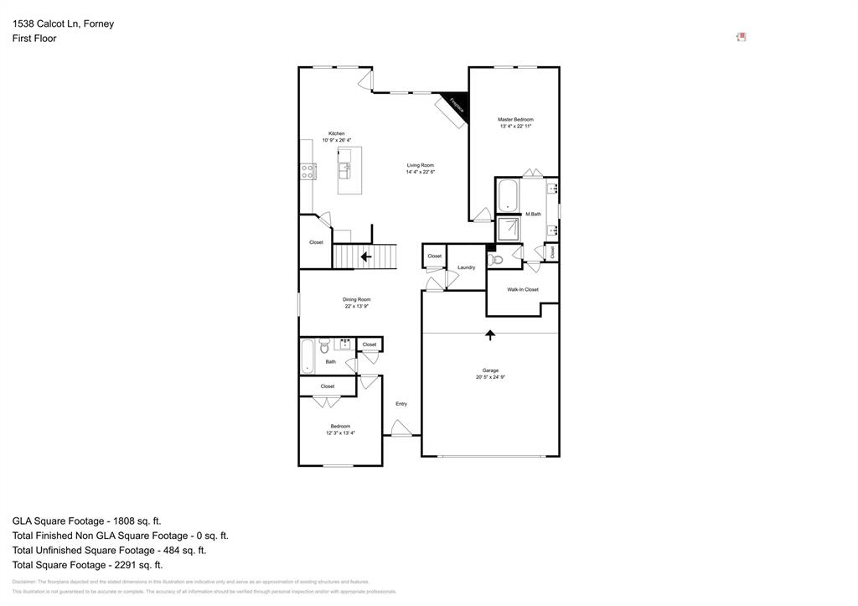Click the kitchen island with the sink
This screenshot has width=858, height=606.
point(349,170)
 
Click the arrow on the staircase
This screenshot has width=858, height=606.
point(365,256)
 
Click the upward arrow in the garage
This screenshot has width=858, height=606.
point(490,335)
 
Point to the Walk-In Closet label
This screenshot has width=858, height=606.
point(523,289)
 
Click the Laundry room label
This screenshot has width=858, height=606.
point(466,267)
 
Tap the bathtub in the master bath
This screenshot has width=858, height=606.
point(508,197)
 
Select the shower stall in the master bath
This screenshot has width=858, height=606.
point(508,230)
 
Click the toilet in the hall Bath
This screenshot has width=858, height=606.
point(324,345)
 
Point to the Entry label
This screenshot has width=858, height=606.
point(401,404)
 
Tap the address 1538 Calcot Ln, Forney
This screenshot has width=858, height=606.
point(63,23)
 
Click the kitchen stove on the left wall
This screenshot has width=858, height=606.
point(308,172)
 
